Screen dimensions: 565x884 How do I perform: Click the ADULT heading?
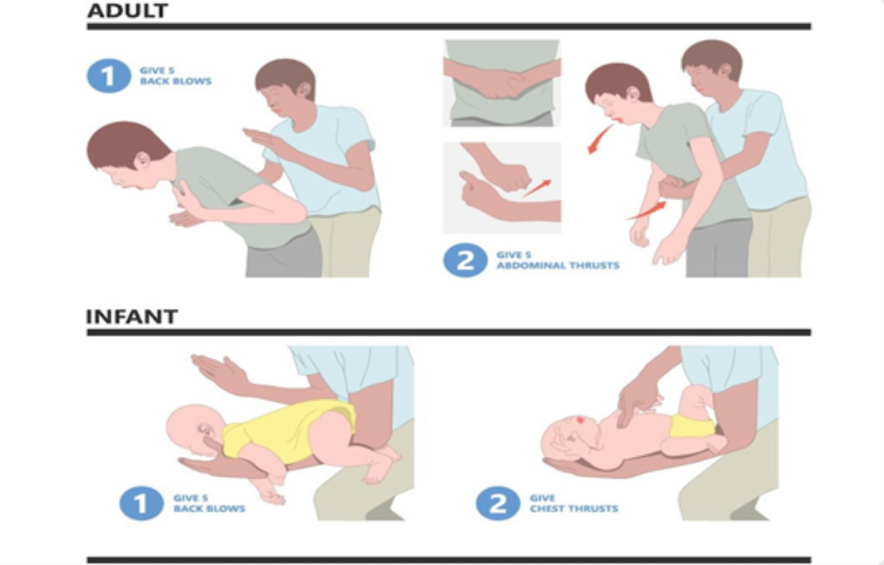point(127,11)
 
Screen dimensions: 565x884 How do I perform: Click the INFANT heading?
point(132,317)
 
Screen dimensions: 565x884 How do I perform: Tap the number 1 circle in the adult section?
point(108,76)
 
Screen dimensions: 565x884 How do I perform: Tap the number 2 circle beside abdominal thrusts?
point(465,260)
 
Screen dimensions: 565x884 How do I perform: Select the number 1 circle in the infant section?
point(141,503)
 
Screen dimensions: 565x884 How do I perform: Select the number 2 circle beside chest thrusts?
point(497,503)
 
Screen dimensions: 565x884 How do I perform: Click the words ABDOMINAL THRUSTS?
point(558,265)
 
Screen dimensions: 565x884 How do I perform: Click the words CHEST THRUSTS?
point(574,509)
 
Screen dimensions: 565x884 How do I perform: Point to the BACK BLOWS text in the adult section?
point(176,81)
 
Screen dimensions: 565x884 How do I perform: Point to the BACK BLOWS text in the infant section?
point(209,509)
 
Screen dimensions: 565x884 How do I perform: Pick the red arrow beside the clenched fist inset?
point(537,188)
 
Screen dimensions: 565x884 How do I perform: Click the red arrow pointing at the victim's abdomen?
point(647,210)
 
